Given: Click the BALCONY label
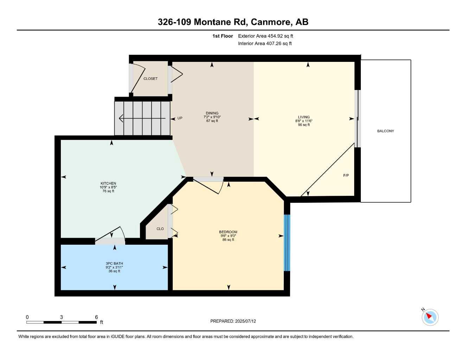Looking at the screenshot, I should (x=385, y=131).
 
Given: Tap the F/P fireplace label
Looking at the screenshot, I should (x=346, y=175).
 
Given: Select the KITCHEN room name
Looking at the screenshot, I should (x=108, y=184).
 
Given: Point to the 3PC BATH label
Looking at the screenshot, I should (x=114, y=264).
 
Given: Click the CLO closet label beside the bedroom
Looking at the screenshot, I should (x=160, y=229).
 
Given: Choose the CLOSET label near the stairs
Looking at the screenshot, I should (x=151, y=79).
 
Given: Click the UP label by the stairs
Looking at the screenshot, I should (x=180, y=118).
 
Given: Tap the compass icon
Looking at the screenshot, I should (x=430, y=317).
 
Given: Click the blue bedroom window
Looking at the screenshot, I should (x=287, y=243).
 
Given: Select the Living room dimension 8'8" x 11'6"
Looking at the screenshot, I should (x=304, y=121).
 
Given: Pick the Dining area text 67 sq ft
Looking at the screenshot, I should (x=212, y=121).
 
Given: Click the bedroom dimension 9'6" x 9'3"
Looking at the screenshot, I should (x=228, y=236).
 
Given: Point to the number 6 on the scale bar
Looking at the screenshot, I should (x=96, y=317).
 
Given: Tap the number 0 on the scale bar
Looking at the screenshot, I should (x=27, y=317).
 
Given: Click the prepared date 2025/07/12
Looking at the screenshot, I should (x=245, y=321).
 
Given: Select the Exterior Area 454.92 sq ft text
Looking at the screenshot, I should (x=266, y=36).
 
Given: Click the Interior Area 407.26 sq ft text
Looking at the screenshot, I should (x=265, y=44).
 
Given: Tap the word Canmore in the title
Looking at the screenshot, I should (x=271, y=22).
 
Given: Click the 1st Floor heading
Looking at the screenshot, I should (x=223, y=36).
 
